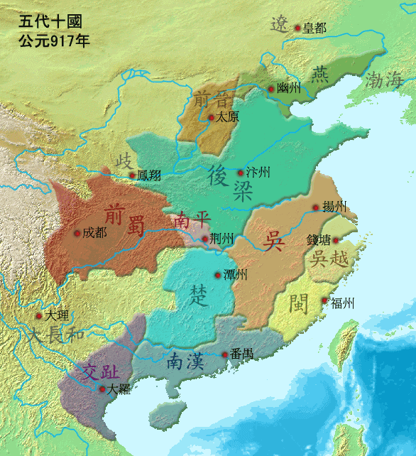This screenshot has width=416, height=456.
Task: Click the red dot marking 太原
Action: [x=211, y=117]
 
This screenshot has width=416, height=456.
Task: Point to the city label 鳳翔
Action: [x=149, y=175]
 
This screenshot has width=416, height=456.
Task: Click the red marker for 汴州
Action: [x=241, y=173]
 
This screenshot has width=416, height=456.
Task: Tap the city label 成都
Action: [x=94, y=232]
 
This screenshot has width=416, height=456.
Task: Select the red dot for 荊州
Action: [x=205, y=239]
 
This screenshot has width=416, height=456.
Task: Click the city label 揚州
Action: [x=334, y=207]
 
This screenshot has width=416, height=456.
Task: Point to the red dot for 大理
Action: [x=38, y=316]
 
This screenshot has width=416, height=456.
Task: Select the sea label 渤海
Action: [x=383, y=80]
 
